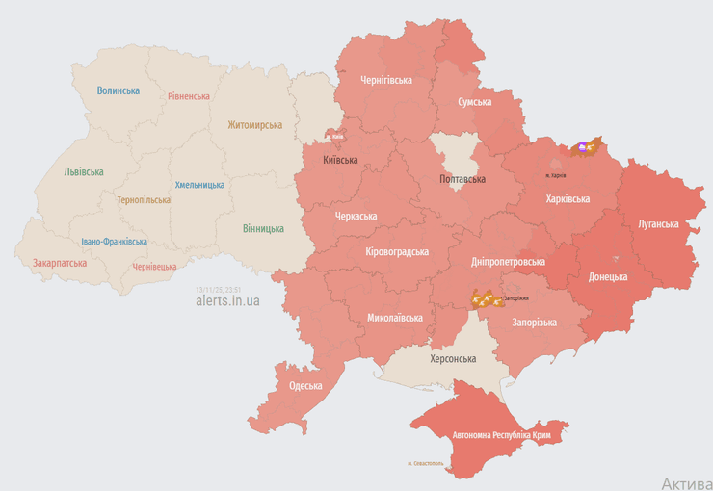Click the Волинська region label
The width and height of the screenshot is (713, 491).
118,90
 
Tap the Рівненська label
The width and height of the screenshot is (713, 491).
188,96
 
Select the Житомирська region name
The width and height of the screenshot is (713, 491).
254,125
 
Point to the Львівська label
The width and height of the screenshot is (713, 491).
84,171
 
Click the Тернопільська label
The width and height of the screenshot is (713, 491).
144,200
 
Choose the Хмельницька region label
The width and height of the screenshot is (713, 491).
199,185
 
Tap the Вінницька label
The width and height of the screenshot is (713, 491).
263,228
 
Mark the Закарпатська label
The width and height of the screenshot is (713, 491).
60,262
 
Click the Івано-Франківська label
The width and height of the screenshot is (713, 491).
115,242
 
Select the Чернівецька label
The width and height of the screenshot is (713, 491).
154,266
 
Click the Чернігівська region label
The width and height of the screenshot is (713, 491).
385,80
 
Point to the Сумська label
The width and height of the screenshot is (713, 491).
475,101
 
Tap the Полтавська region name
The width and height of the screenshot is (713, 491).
462,179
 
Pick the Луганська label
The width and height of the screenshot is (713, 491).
657,223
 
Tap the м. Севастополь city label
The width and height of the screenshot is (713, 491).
426,463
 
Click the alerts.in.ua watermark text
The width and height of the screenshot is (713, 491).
227,300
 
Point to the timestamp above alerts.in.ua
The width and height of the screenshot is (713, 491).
218,288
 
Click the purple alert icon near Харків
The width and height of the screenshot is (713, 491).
582,147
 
